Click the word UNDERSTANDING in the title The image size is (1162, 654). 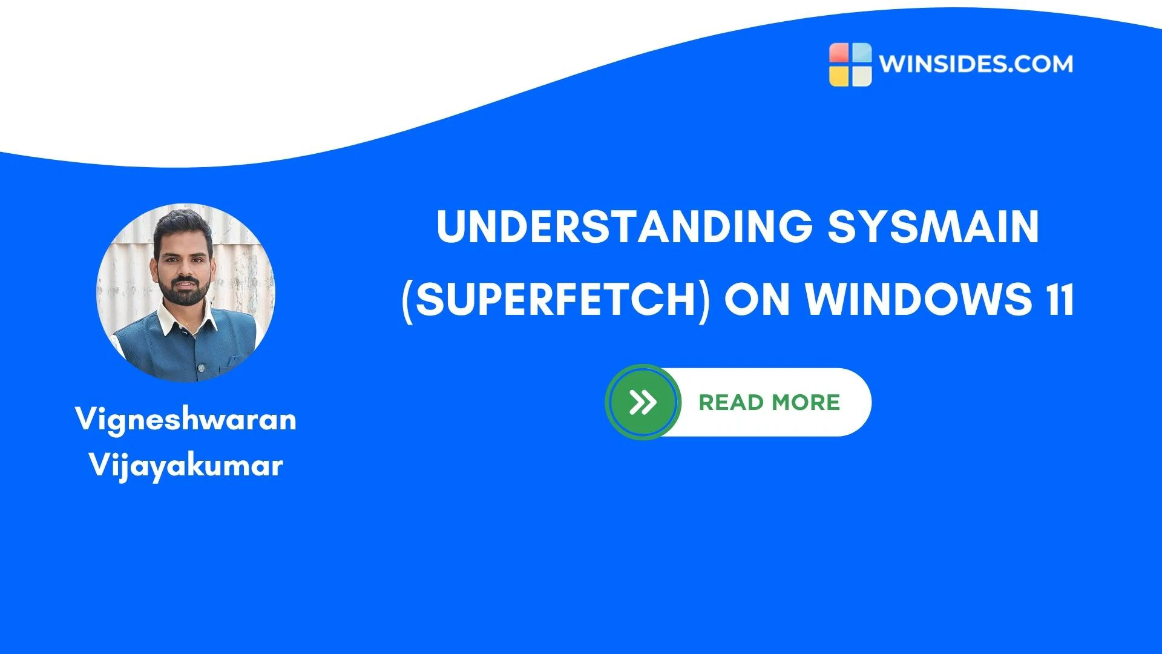[624, 226]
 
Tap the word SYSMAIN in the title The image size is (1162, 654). [934, 226]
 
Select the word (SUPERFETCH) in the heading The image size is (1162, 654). [555, 299]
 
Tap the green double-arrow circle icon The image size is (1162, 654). [643, 402]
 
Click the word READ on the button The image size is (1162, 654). [731, 402]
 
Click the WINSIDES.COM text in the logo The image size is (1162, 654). [976, 64]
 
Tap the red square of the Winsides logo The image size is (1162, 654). [839, 53]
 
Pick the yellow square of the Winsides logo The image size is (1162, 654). [839, 76]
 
